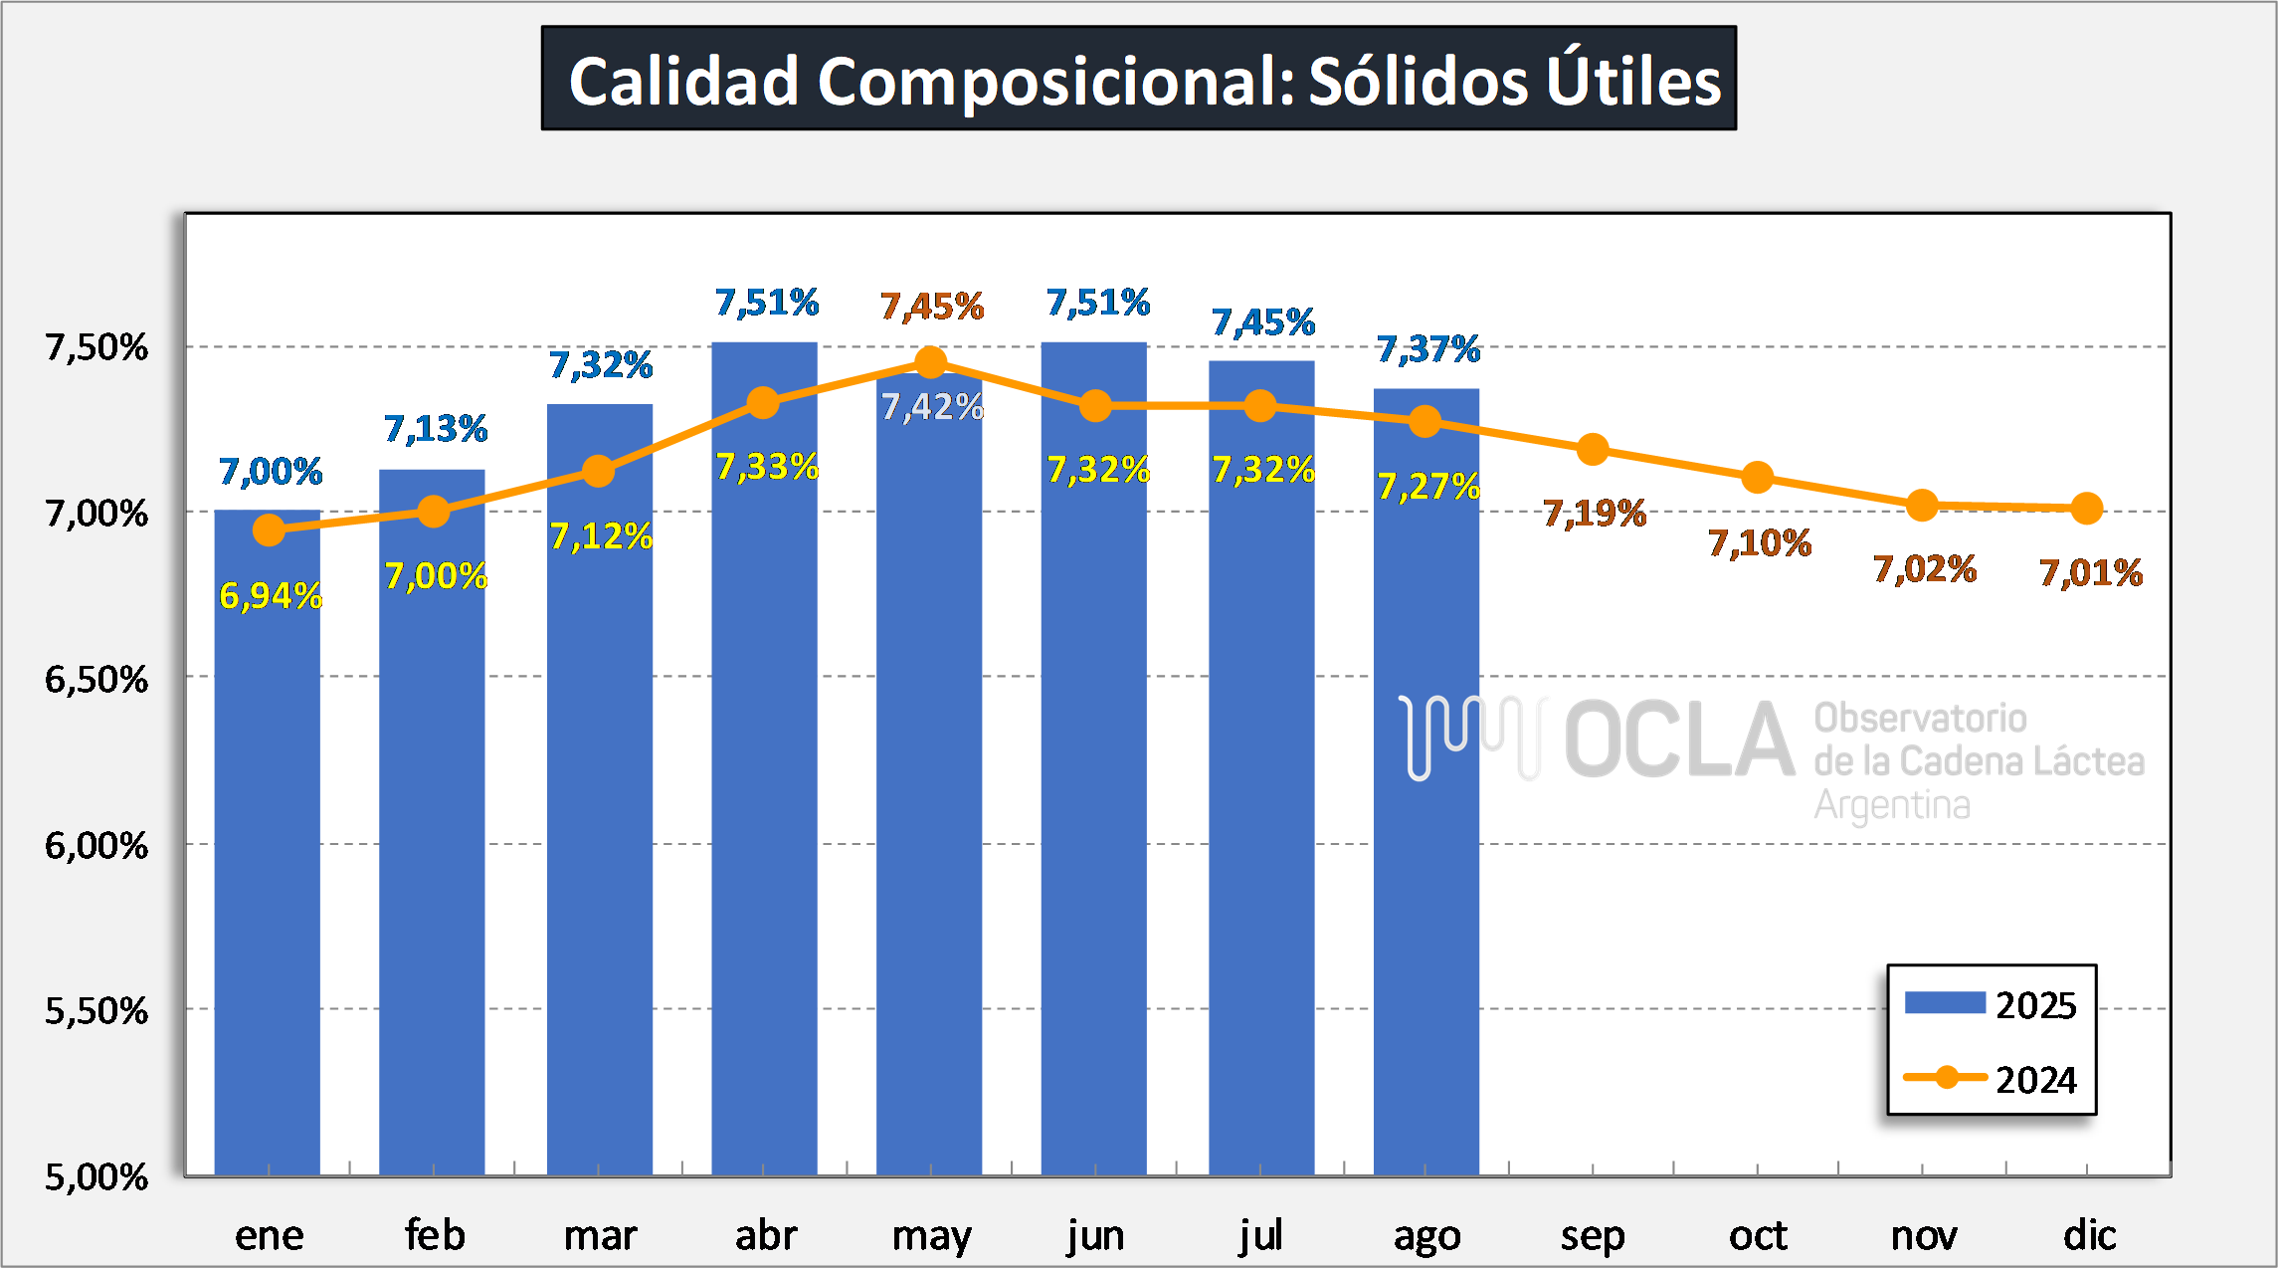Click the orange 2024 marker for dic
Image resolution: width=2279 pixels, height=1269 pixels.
(2086, 509)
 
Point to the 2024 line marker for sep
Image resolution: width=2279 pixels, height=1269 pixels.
(1593, 450)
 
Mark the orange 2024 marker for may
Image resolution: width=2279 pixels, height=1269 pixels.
(930, 362)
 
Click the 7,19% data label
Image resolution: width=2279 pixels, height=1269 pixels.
(1594, 514)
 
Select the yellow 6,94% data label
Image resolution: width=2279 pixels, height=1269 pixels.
(271, 596)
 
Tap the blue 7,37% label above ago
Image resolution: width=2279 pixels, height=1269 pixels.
(1427, 349)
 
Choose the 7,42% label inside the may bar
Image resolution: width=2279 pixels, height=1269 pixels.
(932, 407)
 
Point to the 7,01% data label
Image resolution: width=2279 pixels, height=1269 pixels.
(2090, 573)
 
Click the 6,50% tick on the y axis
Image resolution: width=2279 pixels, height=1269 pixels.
(96, 680)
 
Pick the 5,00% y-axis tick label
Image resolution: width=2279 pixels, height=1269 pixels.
(96, 1177)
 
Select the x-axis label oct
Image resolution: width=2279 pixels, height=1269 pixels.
(1758, 1235)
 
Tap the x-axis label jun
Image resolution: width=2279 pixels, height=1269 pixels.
(1095, 1235)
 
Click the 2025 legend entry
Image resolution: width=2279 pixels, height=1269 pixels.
(1991, 1004)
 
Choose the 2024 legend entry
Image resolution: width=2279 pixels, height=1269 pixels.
(1991, 1080)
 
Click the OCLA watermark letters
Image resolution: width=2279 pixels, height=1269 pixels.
(1679, 740)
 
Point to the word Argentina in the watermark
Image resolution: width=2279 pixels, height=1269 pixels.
(1891, 804)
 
